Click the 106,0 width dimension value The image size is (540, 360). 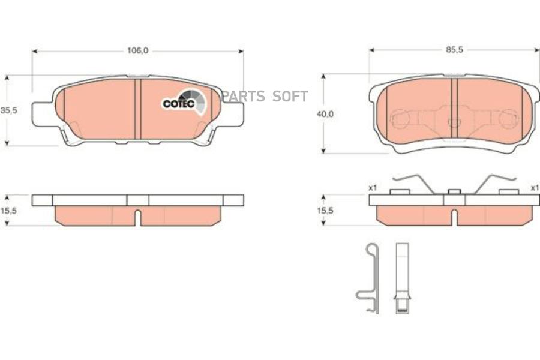[138, 50]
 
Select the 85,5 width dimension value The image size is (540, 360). [455, 50]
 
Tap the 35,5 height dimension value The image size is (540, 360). [8, 110]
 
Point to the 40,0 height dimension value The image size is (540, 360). [325, 114]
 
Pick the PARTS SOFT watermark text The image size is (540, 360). [265, 97]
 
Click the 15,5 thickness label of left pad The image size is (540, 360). [8, 211]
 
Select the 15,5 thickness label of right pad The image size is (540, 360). [325, 210]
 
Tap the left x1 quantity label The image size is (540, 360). [373, 188]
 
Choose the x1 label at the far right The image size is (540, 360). [535, 188]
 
